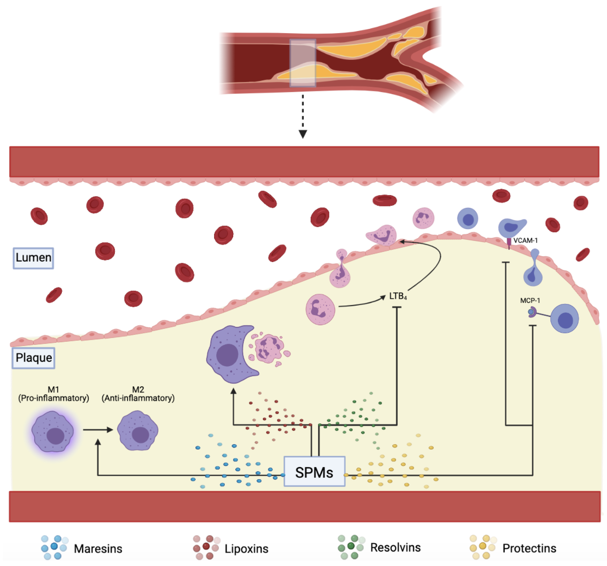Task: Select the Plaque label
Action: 34,358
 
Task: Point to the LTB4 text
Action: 398,296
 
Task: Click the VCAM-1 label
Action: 525,240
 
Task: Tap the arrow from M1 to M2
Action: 98,430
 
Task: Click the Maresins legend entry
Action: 98,549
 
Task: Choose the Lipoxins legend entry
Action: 246,549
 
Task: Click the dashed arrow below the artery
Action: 303,116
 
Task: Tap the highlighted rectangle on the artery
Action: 303,63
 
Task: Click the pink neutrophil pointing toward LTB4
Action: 320,309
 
